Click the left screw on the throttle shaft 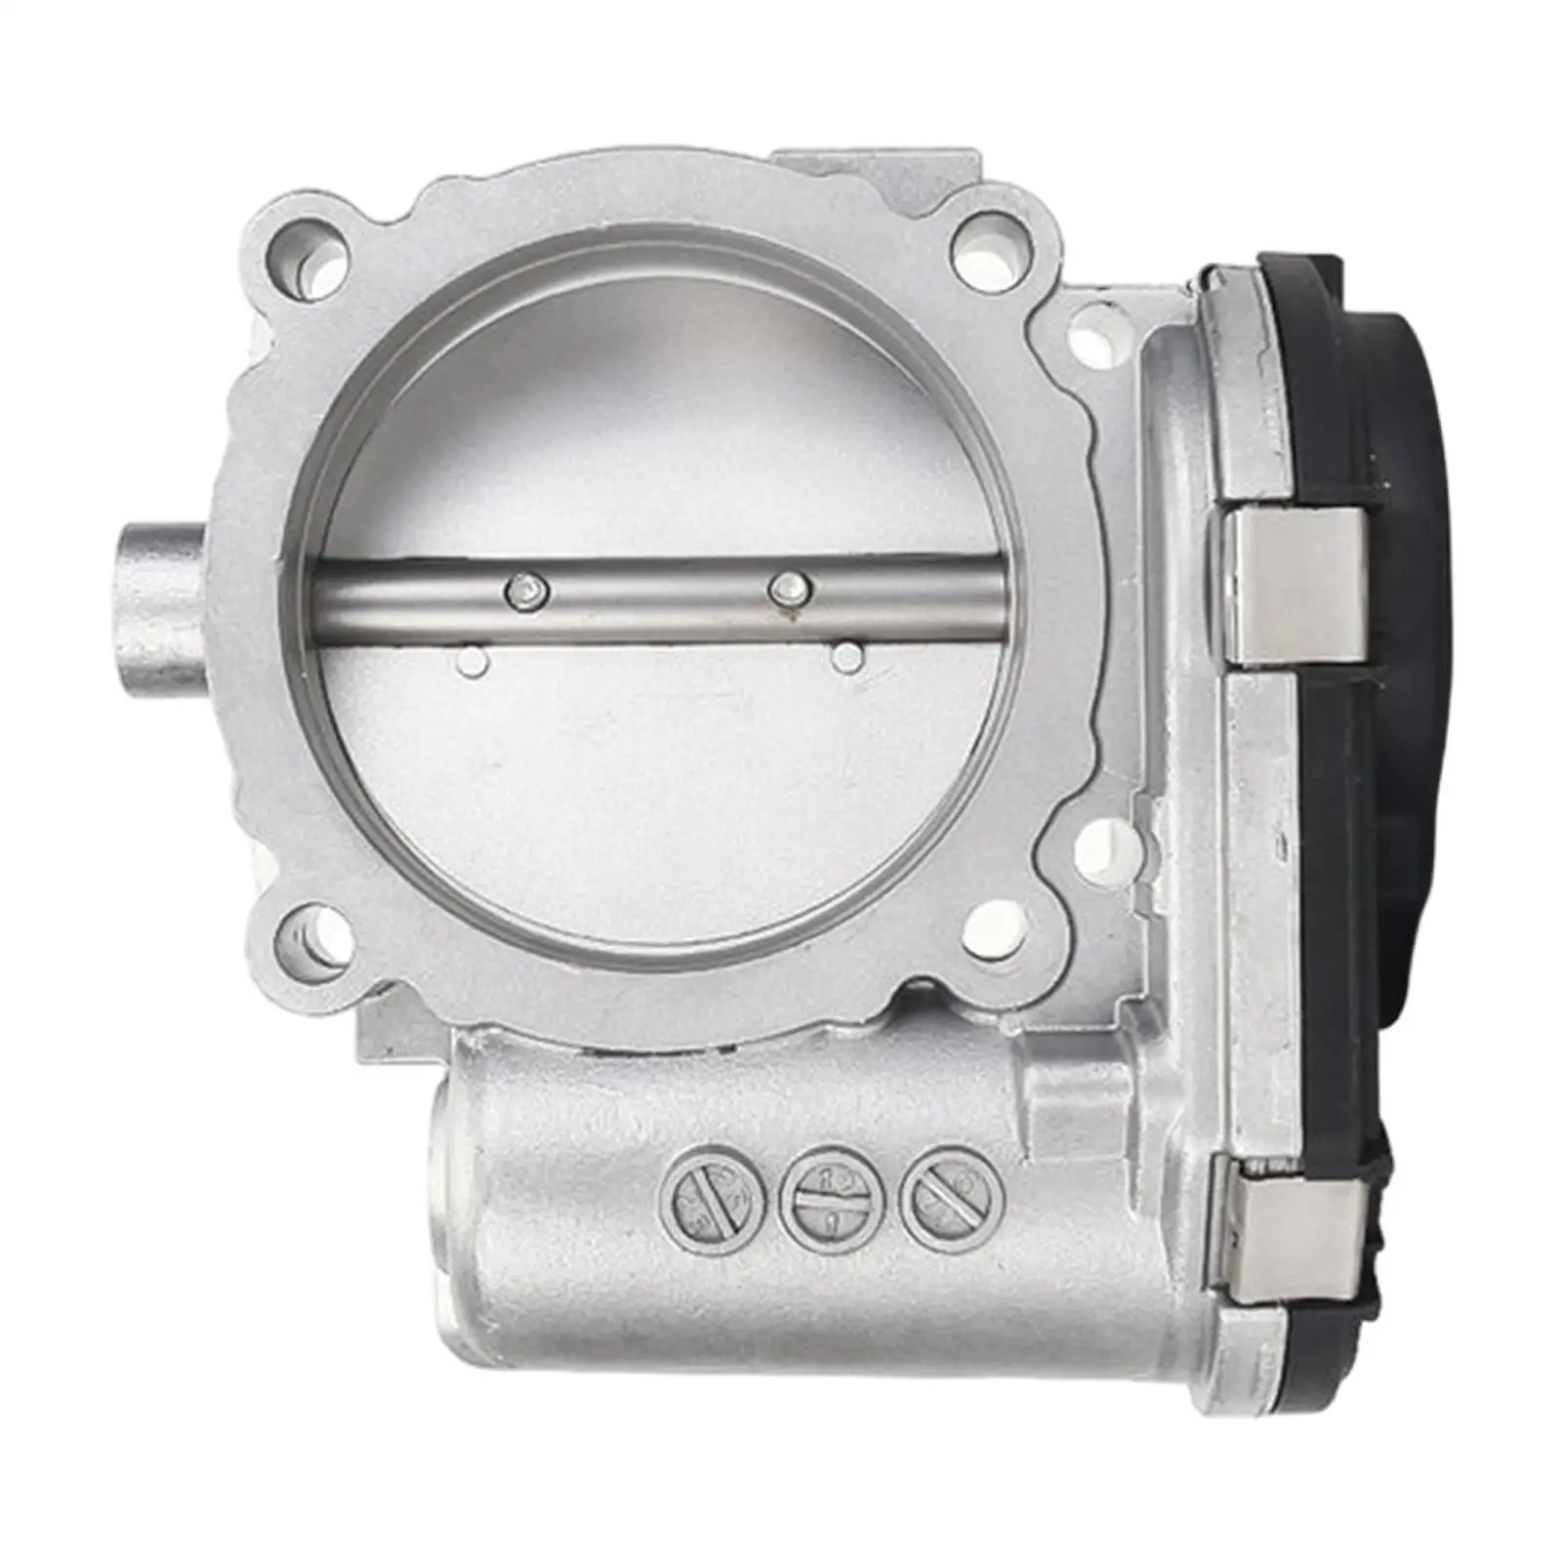[527, 590]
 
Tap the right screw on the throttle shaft [790, 588]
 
